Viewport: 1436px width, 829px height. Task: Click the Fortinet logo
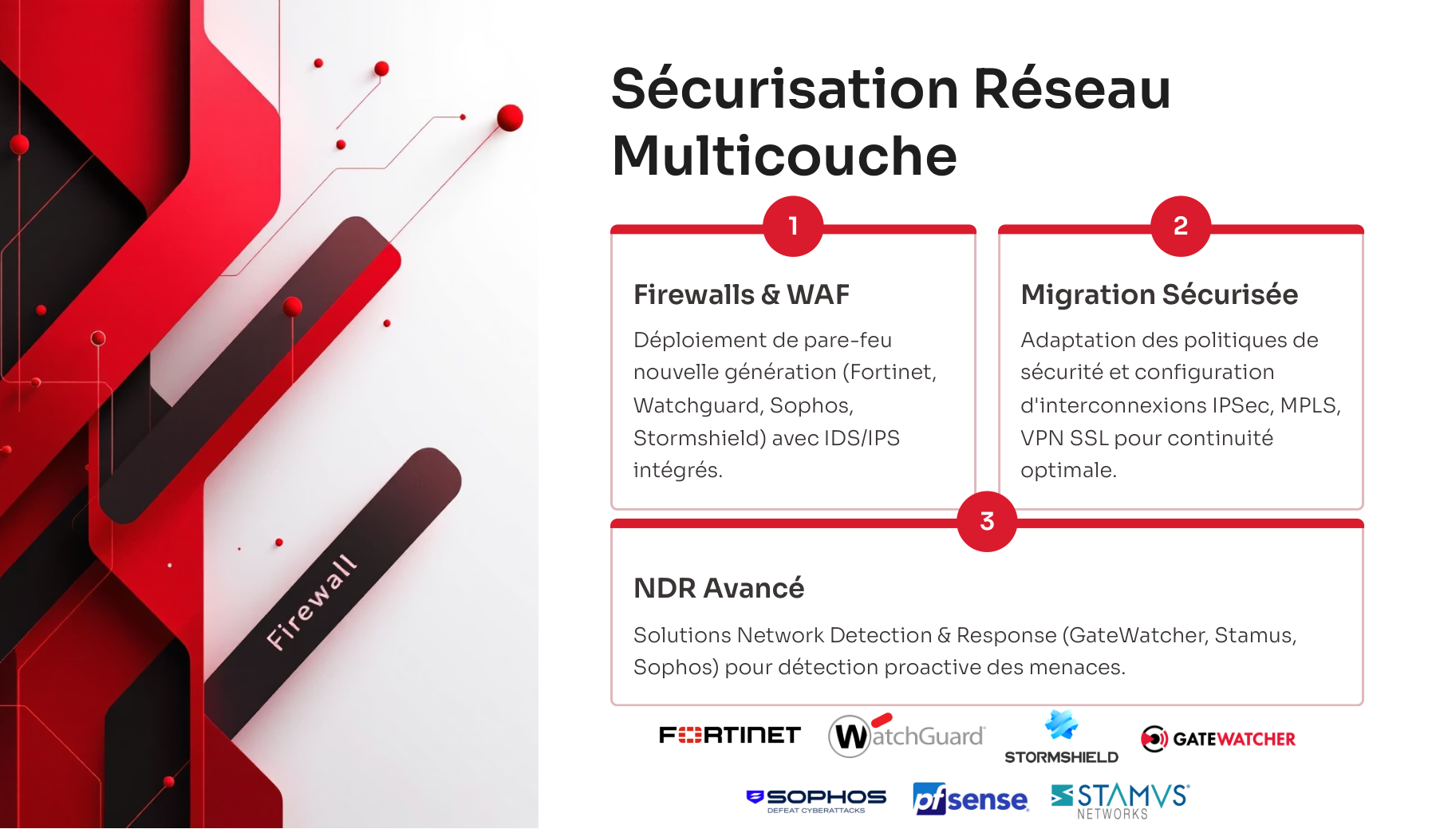[x=729, y=735]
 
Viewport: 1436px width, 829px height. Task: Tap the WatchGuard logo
[x=907, y=735]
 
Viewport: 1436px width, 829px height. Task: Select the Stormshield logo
[x=1061, y=737]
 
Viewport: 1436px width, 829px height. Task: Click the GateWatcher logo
[x=1217, y=739]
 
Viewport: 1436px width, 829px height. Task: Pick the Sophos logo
[x=816, y=800]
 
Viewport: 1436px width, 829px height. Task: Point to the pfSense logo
[x=971, y=799]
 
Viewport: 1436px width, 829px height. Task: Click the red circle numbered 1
[x=793, y=226]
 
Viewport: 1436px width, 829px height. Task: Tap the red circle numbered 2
[x=1181, y=226]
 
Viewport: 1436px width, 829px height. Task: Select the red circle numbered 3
[x=987, y=521]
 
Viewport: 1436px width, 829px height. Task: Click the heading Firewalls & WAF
[x=741, y=294]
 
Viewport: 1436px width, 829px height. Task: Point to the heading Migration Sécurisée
[x=1159, y=294]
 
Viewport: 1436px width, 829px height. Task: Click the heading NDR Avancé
[x=719, y=588]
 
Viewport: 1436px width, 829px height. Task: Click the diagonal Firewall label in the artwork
[x=311, y=602]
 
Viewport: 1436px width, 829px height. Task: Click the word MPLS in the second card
[x=1310, y=405]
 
